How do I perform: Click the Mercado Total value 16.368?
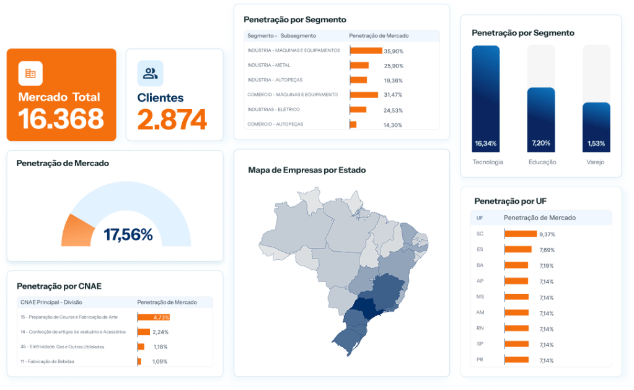tap(61, 119)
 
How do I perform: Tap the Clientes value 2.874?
tap(172, 120)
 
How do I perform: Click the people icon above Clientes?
tap(150, 74)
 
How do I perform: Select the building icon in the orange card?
tap(30, 73)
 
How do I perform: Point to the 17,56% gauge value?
tap(128, 234)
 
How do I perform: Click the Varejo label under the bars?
tap(596, 162)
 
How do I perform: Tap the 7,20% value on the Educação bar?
tap(541, 144)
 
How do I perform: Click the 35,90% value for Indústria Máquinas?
tap(393, 51)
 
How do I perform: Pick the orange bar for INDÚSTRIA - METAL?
tap(359, 66)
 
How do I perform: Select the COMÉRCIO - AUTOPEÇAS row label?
tap(275, 124)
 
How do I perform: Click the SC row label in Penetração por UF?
tap(480, 234)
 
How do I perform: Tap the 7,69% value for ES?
tap(547, 250)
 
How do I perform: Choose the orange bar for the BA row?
tap(517, 265)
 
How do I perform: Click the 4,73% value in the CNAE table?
tap(161, 317)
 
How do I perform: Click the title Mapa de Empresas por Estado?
tap(307, 170)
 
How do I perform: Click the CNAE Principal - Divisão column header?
tap(51, 303)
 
